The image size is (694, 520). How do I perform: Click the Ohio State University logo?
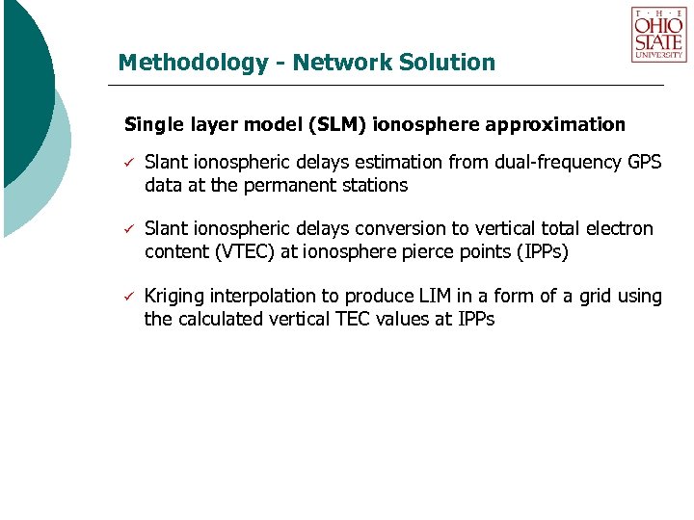[x=658, y=35]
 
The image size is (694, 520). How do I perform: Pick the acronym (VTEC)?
[x=240, y=252]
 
